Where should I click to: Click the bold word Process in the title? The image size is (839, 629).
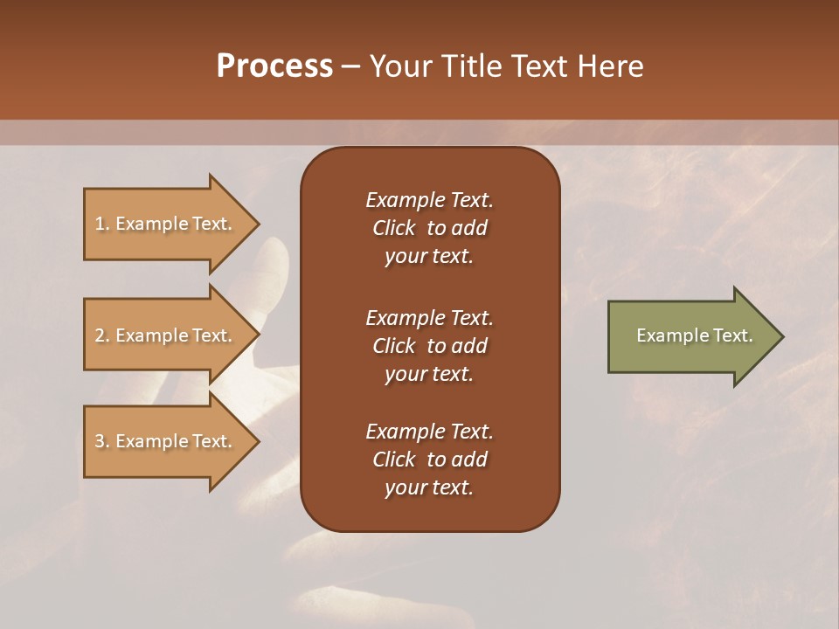[x=274, y=66]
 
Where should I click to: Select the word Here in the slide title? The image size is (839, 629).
[x=610, y=66]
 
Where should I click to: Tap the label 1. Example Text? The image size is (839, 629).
[x=163, y=224]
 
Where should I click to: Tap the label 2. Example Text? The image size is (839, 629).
[x=163, y=335]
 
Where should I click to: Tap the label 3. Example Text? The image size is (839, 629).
[x=163, y=441]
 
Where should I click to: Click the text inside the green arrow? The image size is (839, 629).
[x=694, y=335]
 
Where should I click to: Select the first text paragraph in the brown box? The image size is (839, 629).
[x=429, y=228]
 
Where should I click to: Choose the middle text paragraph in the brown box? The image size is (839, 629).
[x=429, y=346]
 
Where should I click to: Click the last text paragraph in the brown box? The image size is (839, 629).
[x=429, y=460]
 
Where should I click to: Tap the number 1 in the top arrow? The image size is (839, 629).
[x=100, y=225]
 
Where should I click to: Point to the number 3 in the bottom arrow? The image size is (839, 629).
[x=100, y=442]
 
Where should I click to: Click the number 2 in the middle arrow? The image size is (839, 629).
[x=100, y=336]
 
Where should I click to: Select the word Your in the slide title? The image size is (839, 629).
[x=402, y=66]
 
